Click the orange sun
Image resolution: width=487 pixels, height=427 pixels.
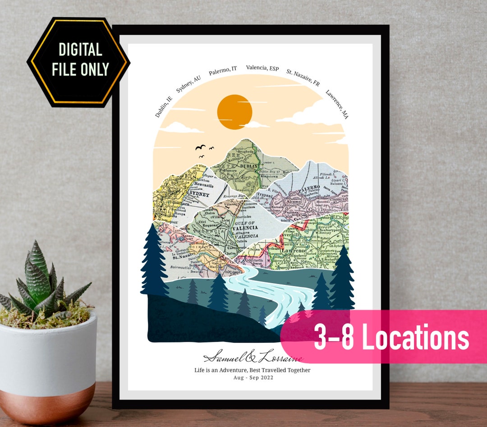[234, 112]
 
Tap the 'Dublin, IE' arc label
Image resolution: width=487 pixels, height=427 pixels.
[163, 107]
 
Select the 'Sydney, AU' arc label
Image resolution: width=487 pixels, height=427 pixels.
[188, 84]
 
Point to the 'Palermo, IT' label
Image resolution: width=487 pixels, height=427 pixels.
[223, 71]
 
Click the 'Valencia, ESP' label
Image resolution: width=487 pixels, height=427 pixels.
[262, 68]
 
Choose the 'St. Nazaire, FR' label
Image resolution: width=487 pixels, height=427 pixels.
[303, 78]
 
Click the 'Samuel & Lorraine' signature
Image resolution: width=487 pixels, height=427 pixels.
[253, 358]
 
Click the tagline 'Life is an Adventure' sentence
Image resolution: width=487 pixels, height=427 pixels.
[252, 370]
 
